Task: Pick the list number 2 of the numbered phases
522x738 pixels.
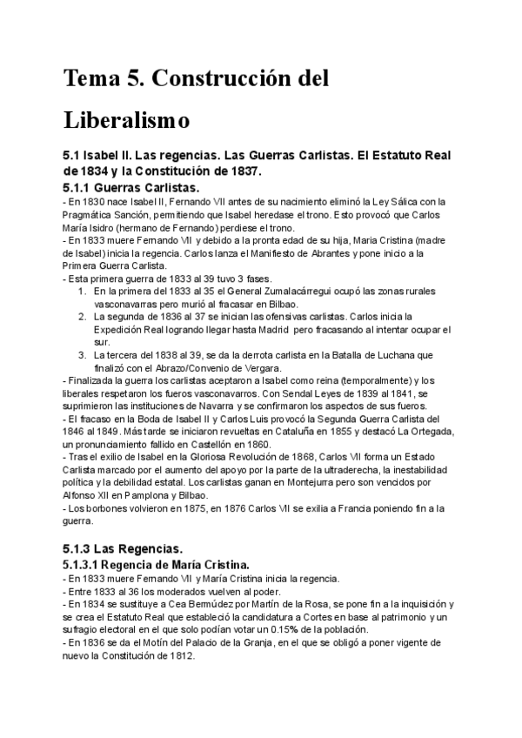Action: click(x=82, y=317)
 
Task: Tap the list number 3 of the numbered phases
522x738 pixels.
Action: click(x=82, y=355)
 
